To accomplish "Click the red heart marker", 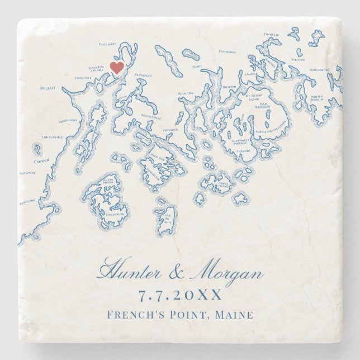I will (116, 68).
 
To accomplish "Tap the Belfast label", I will (47, 88).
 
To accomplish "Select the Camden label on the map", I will (41, 160).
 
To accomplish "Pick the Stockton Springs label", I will (97, 69).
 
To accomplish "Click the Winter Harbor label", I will (317, 98).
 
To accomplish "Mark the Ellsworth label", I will (228, 51).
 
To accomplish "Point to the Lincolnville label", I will (53, 137).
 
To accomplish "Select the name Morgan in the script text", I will (226, 274).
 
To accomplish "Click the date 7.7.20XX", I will (180, 295).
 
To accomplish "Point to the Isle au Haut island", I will (165, 220).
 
